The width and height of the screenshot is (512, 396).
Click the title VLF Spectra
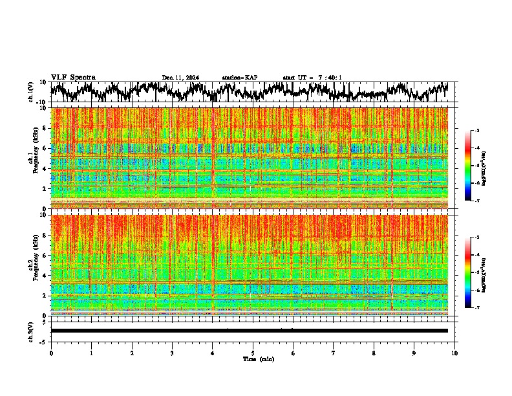73,77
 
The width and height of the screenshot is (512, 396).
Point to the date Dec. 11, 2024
180,78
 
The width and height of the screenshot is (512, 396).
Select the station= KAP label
239,78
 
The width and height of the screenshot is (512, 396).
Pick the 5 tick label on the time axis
253,353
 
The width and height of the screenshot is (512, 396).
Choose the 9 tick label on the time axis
414,353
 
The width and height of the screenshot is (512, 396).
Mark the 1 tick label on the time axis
91,353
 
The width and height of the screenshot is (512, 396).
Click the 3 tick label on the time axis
172,353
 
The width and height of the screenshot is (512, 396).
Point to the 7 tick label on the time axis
334,353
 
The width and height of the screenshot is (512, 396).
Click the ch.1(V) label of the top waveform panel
31,92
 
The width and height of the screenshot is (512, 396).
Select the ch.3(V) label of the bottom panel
31,331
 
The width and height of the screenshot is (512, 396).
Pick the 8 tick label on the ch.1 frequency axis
45,128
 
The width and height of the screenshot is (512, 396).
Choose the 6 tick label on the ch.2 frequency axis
45,255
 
